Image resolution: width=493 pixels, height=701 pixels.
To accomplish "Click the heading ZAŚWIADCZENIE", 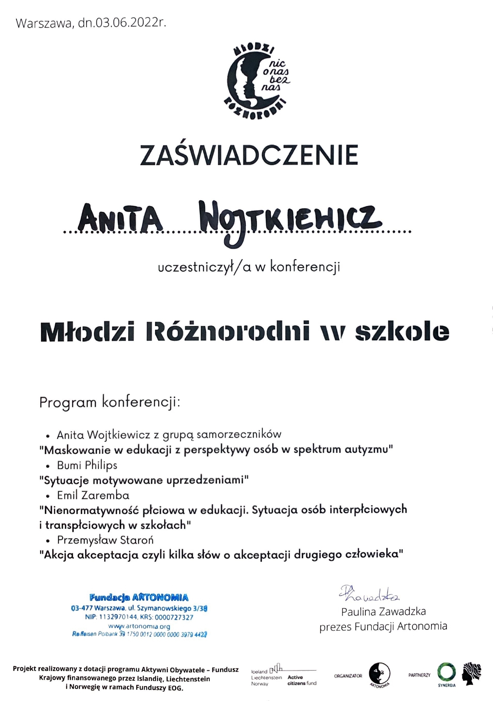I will pyautogui.click(x=249, y=155).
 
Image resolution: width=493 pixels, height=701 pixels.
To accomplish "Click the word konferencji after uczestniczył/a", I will pyautogui.click(x=305, y=267).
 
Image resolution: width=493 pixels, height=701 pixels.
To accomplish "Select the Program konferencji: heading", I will pyautogui.click(x=110, y=402).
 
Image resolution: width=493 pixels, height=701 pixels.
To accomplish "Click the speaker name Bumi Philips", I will pyautogui.click(x=87, y=465).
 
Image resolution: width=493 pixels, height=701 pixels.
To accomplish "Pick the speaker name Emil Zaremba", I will pyautogui.click(x=93, y=495).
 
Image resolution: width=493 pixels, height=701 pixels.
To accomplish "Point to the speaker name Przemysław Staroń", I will pyautogui.click(x=105, y=540).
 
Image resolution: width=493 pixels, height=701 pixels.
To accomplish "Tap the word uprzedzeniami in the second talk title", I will pyautogui.click(x=207, y=480).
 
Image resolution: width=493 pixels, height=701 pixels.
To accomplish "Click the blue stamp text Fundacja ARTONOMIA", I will pyautogui.click(x=139, y=597).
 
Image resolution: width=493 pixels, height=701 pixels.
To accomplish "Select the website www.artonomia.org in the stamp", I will pyautogui.click(x=139, y=626).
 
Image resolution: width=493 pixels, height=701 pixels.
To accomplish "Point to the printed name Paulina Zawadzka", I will pyautogui.click(x=383, y=611).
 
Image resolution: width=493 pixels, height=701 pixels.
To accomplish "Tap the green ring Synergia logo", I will pyautogui.click(x=446, y=672).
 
